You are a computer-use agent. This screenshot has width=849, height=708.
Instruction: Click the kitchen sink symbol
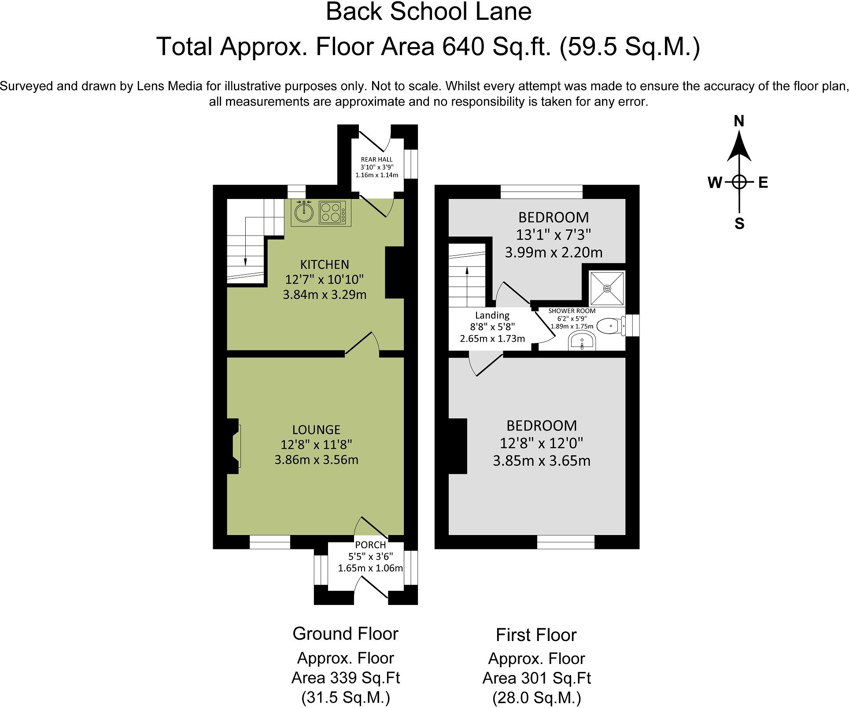[x=304, y=213]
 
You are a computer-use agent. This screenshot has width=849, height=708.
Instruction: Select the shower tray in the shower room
[x=607, y=288]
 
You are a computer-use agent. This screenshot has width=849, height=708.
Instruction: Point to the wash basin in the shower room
[x=582, y=341]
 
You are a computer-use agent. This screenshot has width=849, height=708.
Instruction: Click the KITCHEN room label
[x=325, y=265]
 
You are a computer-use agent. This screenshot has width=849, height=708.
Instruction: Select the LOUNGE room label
[x=316, y=430]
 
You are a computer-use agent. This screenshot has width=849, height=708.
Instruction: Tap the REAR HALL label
[x=377, y=159]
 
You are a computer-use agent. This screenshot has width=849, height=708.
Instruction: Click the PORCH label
[x=370, y=545]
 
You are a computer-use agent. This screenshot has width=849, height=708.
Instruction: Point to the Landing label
[x=492, y=315]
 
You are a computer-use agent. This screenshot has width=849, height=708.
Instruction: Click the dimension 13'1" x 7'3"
[x=553, y=235]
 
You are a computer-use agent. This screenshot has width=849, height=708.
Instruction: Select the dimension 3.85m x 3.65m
[x=541, y=461]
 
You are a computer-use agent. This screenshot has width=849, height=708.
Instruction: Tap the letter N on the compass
[x=739, y=121]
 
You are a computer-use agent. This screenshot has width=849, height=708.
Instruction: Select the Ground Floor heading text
[x=345, y=634]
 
